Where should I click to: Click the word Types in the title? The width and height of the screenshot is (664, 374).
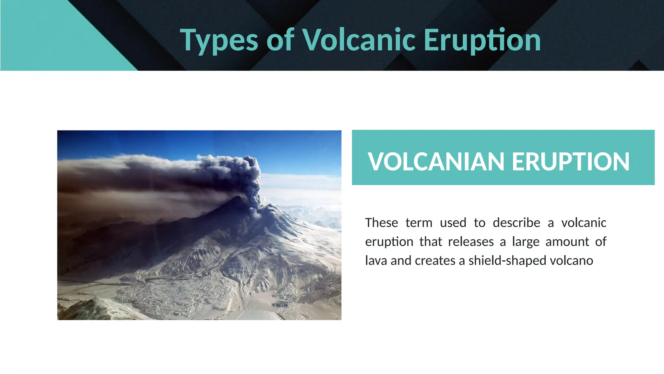tap(219, 41)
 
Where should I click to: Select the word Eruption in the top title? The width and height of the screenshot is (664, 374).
tap(482, 41)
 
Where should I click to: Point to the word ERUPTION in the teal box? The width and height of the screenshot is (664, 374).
tap(571, 162)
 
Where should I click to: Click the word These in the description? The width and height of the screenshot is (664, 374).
tap(381, 223)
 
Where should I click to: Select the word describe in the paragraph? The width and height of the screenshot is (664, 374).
tap(516, 223)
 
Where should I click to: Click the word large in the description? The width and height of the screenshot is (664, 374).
tap(525, 242)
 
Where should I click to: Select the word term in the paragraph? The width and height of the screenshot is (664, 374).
tap(419, 223)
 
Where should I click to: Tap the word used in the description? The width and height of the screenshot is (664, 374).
tap(453, 223)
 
